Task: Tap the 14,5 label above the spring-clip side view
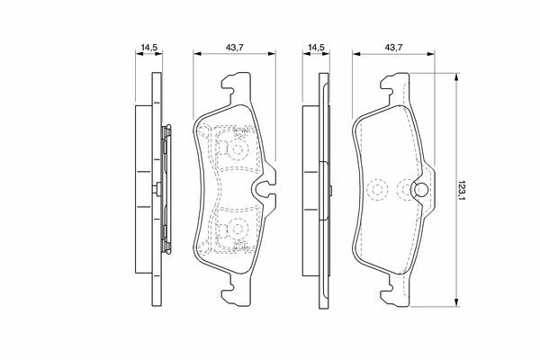pyautogui.click(x=149, y=48)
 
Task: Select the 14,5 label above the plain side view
pyautogui.click(x=316, y=48)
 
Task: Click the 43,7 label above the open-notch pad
pyautogui.click(x=235, y=48)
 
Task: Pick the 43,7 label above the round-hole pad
pyautogui.click(x=393, y=48)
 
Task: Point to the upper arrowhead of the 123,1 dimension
pyautogui.click(x=456, y=77)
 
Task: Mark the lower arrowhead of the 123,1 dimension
pyautogui.click(x=456, y=302)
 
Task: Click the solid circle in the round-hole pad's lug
pyautogui.click(x=420, y=190)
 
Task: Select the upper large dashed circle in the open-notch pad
pyautogui.click(x=237, y=149)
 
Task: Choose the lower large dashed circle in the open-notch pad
pyautogui.click(x=237, y=229)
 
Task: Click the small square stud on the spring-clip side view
pyautogui.click(x=157, y=189)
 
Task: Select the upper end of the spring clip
pyautogui.click(x=167, y=131)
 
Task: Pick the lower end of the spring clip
pyautogui.click(x=167, y=247)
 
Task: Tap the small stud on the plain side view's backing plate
pyautogui.click(x=330, y=190)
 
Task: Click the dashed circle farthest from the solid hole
pyautogui.click(x=377, y=190)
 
